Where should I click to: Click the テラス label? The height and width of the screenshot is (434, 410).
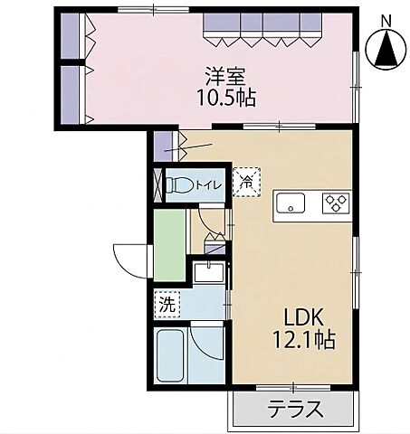tap(295, 410)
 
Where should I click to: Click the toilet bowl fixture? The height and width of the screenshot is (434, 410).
tap(182, 185)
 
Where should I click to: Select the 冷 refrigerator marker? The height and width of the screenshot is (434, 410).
tap(246, 180)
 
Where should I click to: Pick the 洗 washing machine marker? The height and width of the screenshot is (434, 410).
tap(167, 305)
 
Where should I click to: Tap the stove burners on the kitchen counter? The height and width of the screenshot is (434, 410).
tap(336, 202)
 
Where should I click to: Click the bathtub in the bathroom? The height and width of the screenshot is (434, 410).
tap(171, 356)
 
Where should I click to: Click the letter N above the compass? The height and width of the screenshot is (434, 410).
tap(386, 18)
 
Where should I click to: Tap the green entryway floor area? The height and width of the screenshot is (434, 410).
tap(168, 247)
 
